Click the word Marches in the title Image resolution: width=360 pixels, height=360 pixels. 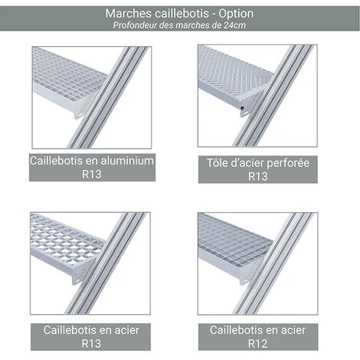coord(129,13)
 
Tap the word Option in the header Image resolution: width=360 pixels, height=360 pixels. coord(236,13)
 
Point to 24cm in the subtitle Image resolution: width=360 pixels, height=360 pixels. coord(235,25)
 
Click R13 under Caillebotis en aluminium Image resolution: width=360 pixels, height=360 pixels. coord(92,175)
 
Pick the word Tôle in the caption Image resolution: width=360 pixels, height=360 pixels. coord(217,163)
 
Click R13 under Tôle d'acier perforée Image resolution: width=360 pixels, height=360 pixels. coord(258,176)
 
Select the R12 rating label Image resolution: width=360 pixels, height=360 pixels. coord(258,344)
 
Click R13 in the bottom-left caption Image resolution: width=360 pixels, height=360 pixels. coord(91,344)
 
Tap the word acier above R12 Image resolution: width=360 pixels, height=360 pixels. coord(293,330)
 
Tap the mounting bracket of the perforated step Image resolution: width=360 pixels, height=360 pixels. coord(244,110)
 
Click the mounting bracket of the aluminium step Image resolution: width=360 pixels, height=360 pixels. coord(79,113)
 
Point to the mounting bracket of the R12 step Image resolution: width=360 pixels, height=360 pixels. coord(244,279)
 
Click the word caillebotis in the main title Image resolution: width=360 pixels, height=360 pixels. coord(182,13)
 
